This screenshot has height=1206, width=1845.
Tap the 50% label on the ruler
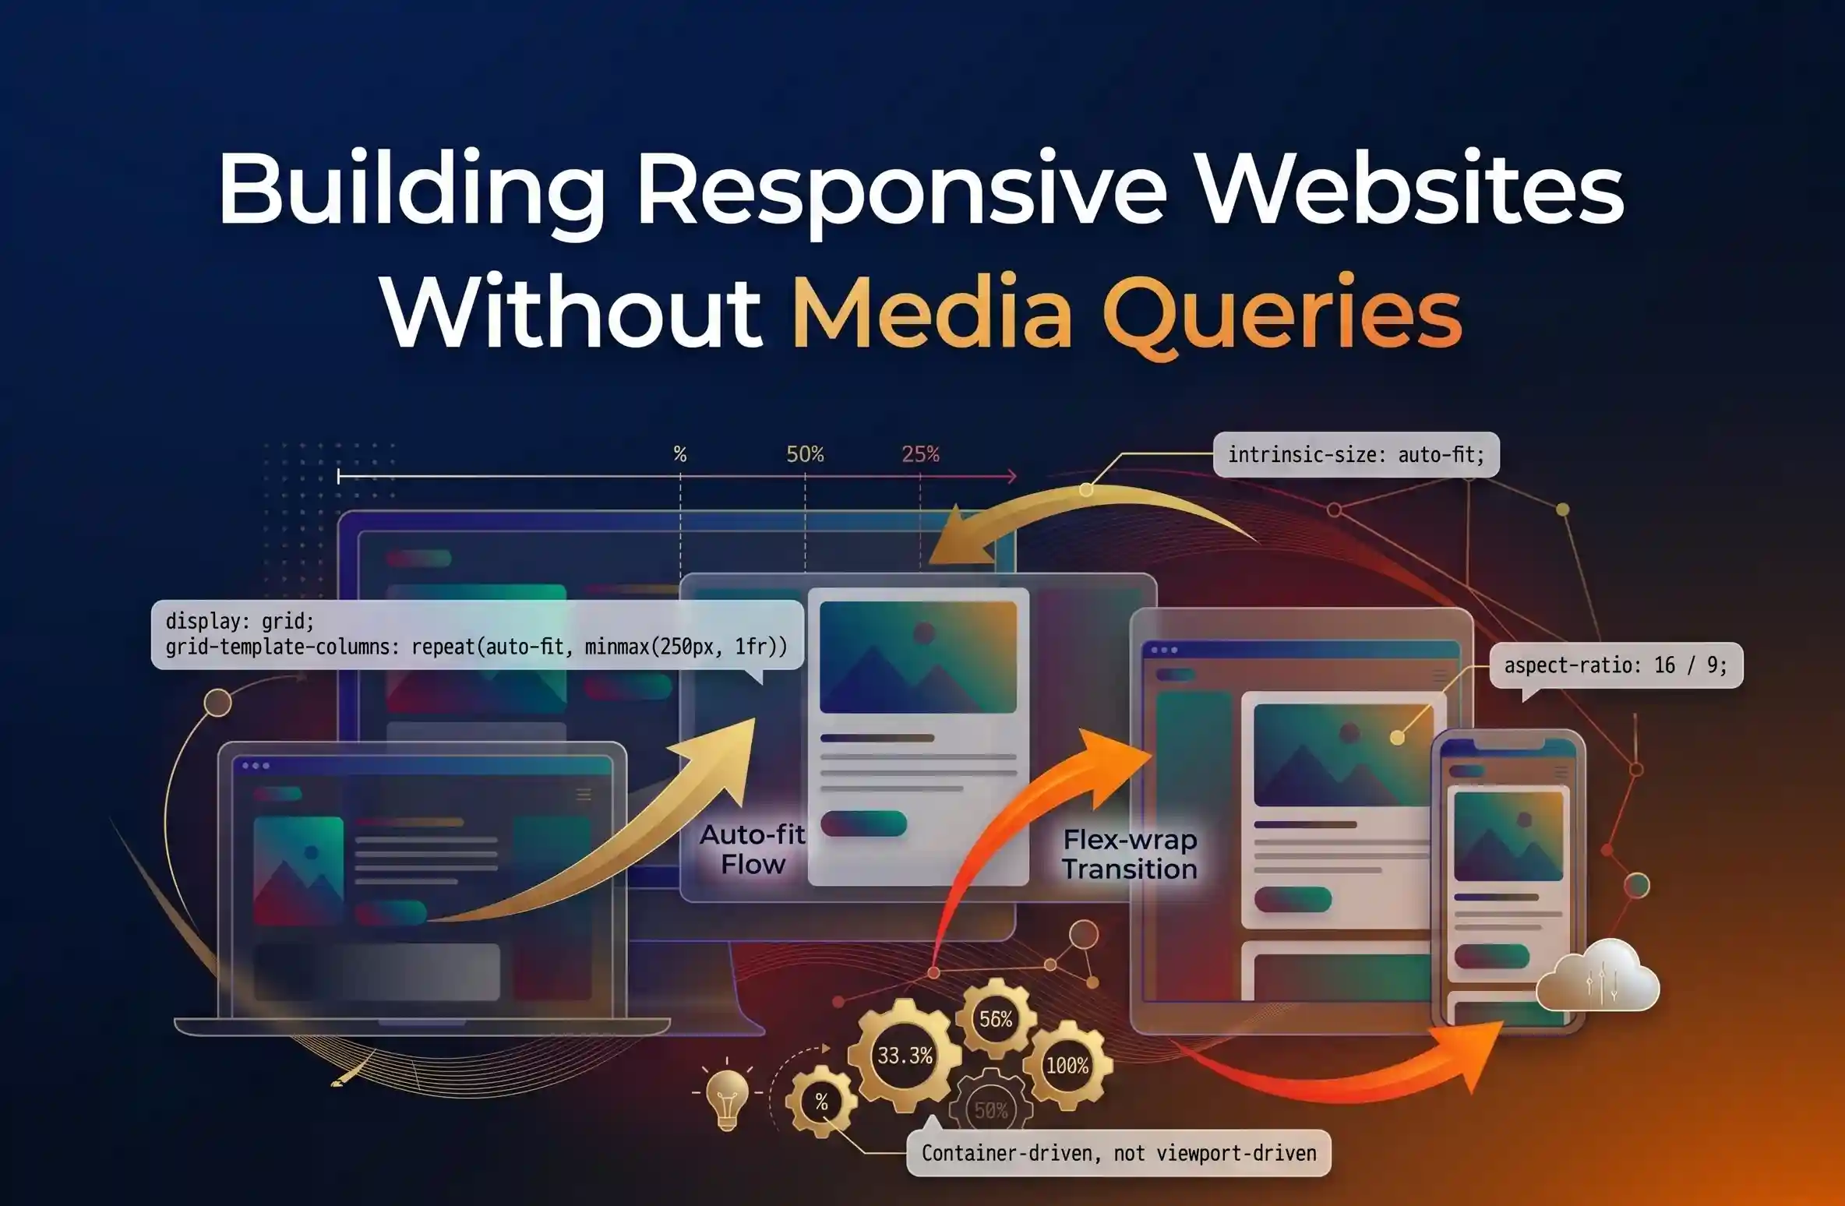click(x=805, y=454)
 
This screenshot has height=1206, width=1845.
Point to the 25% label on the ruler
click(x=920, y=454)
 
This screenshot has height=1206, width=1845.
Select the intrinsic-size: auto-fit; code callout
click(x=1356, y=455)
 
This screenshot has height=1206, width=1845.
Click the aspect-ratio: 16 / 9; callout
click(x=1616, y=665)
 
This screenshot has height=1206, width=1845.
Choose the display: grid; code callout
click(x=477, y=634)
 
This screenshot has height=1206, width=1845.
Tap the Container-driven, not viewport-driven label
click(x=1119, y=1153)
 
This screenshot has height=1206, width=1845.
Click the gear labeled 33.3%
click(x=905, y=1056)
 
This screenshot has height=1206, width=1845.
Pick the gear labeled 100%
click(x=1067, y=1065)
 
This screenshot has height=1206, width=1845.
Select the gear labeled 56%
click(x=996, y=1018)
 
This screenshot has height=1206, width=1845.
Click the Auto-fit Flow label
click(x=753, y=849)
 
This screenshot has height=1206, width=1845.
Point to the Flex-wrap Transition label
click(x=1130, y=854)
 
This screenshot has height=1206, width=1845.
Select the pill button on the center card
click(x=863, y=823)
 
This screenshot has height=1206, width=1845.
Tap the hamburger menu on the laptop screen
click(x=584, y=794)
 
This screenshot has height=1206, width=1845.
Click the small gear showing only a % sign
click(x=821, y=1102)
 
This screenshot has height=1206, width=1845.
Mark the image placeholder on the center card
click(x=918, y=657)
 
